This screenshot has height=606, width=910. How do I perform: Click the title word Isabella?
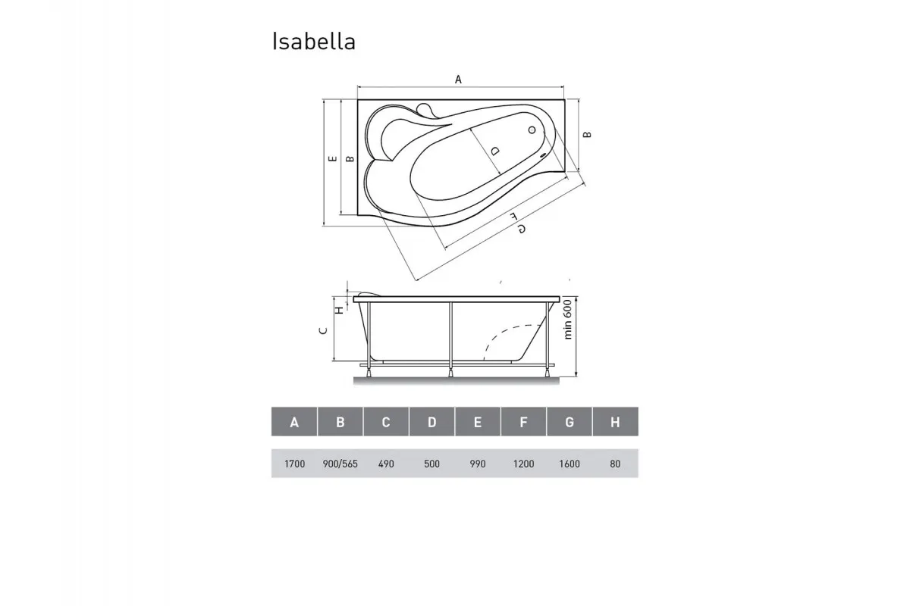click(x=314, y=42)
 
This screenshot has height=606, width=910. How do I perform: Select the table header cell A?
click(x=294, y=423)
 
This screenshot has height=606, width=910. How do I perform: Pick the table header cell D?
click(x=431, y=423)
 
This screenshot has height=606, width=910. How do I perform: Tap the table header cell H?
click(x=615, y=423)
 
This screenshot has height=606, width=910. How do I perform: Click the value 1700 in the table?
click(x=294, y=464)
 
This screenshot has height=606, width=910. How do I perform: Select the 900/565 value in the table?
click(x=340, y=464)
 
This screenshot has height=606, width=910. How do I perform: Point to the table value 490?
click(x=386, y=464)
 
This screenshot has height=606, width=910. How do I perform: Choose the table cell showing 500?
click(x=431, y=464)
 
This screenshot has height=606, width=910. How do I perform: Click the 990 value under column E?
click(x=478, y=464)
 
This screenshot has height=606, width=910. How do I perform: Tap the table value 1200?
click(x=523, y=464)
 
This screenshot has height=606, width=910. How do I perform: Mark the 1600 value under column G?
click(x=569, y=464)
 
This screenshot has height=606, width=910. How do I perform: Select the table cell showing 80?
click(x=615, y=464)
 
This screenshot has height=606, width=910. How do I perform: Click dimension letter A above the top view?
click(x=458, y=79)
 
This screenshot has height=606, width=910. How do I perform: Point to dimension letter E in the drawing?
click(x=331, y=159)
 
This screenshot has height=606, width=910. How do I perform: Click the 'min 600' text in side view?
click(x=566, y=321)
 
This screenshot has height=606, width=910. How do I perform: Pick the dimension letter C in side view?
click(x=322, y=330)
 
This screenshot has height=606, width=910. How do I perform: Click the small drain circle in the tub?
click(x=531, y=130)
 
